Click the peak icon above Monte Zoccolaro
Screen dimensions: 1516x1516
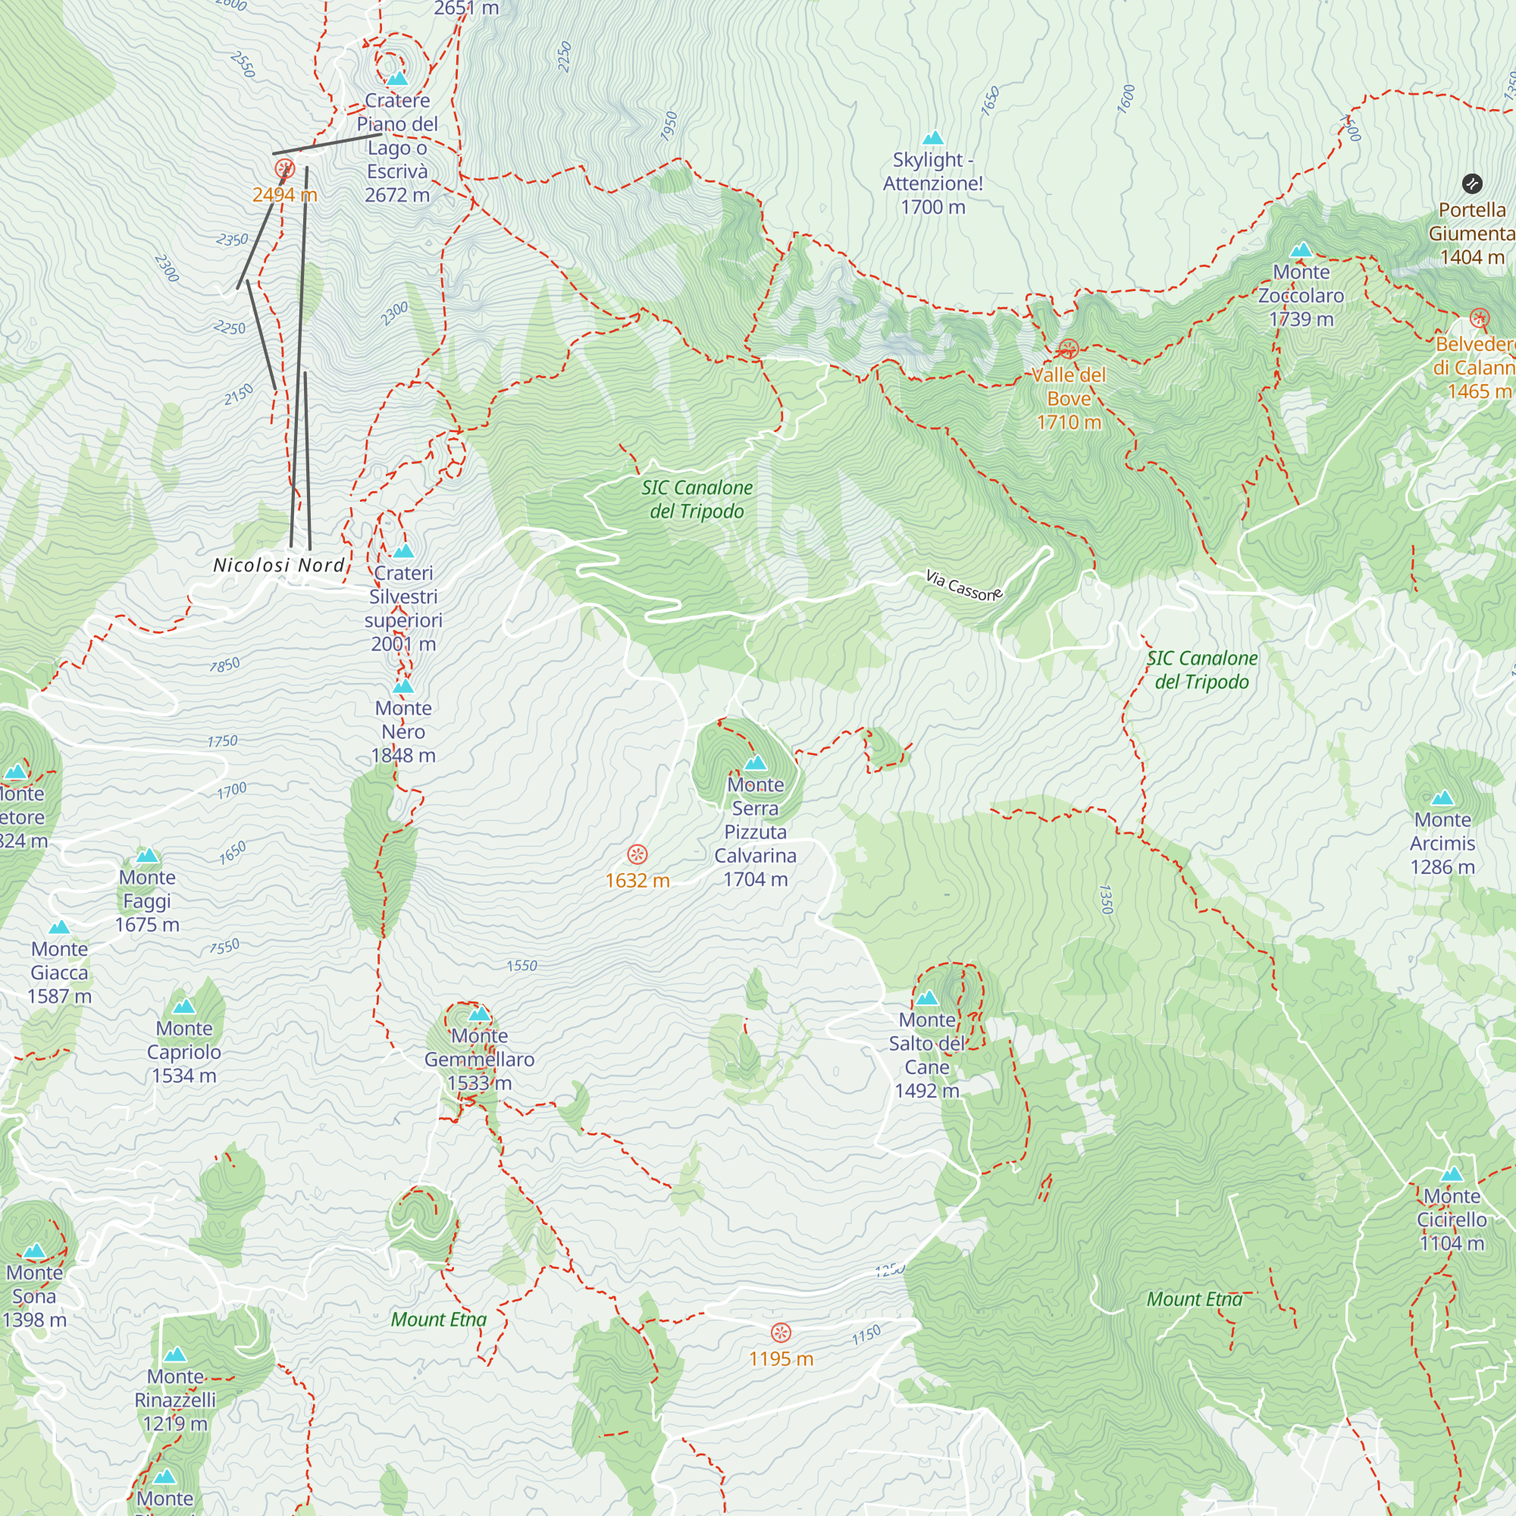click(x=1301, y=250)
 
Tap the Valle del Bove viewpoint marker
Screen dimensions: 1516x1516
click(x=1068, y=349)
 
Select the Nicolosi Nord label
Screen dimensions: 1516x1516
click(x=280, y=565)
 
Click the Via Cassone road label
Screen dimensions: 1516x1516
click(x=963, y=585)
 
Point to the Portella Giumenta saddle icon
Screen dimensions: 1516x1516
click(x=1472, y=183)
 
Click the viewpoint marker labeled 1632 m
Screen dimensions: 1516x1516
click(x=637, y=854)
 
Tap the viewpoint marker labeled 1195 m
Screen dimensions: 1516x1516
click(x=781, y=1333)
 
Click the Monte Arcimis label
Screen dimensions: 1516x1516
click(x=1442, y=843)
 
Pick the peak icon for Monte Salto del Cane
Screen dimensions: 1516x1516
click(x=927, y=998)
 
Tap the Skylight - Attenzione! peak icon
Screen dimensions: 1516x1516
click(x=933, y=139)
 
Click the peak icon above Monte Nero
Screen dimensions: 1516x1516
click(x=403, y=687)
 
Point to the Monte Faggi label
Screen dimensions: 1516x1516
click(x=148, y=901)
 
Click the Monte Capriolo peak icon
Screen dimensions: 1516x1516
click(x=183, y=1007)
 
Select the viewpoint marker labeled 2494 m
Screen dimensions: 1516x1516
click(x=284, y=169)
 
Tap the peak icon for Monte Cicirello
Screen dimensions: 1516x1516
click(x=1452, y=1175)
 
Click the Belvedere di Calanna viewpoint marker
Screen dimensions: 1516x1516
click(x=1479, y=318)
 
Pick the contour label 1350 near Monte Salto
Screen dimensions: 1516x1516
click(x=1106, y=899)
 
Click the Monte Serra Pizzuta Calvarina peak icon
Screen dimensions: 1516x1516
click(x=755, y=763)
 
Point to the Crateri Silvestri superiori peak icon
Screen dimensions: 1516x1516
click(x=403, y=551)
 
